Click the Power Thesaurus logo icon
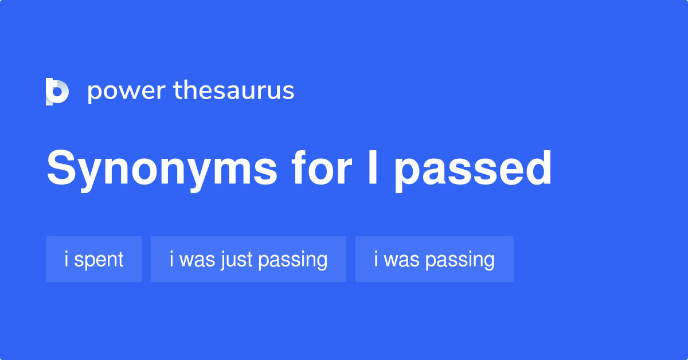[57, 92]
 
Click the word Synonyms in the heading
[162, 169]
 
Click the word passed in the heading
[473, 169]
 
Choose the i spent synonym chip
[93, 259]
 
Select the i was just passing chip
[248, 259]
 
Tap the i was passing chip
[434, 259]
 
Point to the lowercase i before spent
[67, 259]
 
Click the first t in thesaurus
[177, 91]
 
